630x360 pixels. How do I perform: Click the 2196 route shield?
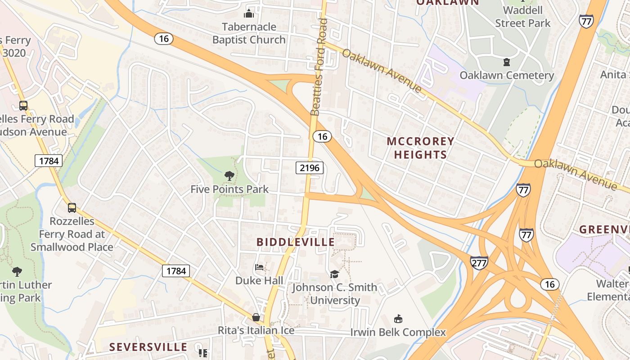coord(310,168)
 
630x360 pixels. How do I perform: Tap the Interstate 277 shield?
coord(479,262)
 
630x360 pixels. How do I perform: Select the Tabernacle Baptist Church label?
coord(249,33)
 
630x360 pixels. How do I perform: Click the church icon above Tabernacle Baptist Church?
coord(249,13)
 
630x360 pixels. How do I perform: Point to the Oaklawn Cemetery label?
coord(507,75)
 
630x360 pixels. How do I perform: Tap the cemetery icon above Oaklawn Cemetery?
coord(507,62)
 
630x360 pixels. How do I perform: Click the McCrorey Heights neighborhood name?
coord(420,148)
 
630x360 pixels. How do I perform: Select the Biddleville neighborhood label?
coord(296,242)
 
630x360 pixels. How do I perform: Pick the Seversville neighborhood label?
coord(148,347)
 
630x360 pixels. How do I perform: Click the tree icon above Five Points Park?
coord(229,176)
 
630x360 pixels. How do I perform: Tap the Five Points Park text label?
coord(229,189)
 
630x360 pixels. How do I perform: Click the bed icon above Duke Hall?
coord(259,267)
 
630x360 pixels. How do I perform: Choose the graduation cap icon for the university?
coord(334,274)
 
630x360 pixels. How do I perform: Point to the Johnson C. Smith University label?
coord(335,294)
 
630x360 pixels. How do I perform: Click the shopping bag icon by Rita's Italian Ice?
coord(256,317)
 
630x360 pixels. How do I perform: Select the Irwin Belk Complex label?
coord(398,333)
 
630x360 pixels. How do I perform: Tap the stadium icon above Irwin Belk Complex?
coord(398,319)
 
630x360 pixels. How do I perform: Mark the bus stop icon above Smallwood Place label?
coord(72,208)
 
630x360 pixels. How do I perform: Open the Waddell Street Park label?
coord(522,17)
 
